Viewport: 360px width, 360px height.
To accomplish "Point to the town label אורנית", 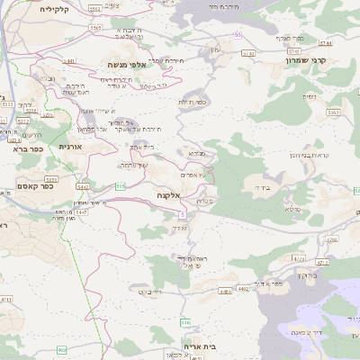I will [70, 146].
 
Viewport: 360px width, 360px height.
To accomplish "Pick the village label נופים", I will [310, 95].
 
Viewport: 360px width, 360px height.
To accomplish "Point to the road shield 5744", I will [325, 42].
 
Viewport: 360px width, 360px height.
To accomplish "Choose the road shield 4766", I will [332, 239].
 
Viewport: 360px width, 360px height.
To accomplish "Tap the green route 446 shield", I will [185, 321].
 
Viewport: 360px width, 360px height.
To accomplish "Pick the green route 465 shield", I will [61, 349].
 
